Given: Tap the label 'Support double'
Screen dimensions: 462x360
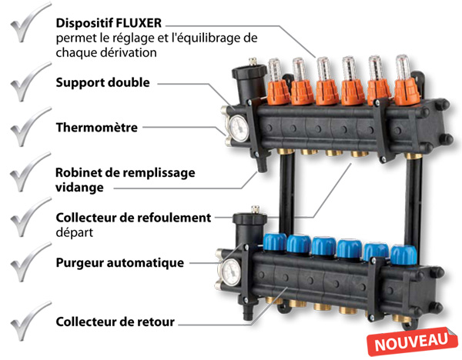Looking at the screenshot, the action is [x=103, y=82].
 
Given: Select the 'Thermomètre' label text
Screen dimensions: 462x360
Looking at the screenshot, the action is [x=97, y=128].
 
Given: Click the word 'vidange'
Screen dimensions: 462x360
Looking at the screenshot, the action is [x=79, y=188].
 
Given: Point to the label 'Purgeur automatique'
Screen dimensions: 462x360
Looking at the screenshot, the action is [x=120, y=262].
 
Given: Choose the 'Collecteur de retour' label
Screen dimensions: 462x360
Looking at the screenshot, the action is [x=115, y=322].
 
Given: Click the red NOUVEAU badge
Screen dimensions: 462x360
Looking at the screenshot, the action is [x=412, y=342].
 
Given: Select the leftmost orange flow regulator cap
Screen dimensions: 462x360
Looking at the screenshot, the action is [x=278, y=92].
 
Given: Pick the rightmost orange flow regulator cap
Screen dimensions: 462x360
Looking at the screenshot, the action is [x=407, y=91].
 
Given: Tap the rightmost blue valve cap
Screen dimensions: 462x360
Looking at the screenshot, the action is [x=403, y=255].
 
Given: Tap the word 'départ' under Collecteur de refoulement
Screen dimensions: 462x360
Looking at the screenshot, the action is [x=75, y=232].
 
